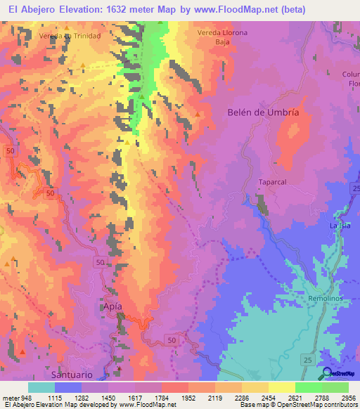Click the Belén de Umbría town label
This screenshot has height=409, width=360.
(264, 112)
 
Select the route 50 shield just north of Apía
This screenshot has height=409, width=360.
(98, 261)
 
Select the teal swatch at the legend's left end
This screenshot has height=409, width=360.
(41, 387)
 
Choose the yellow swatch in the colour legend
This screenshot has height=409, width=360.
(281, 387)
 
